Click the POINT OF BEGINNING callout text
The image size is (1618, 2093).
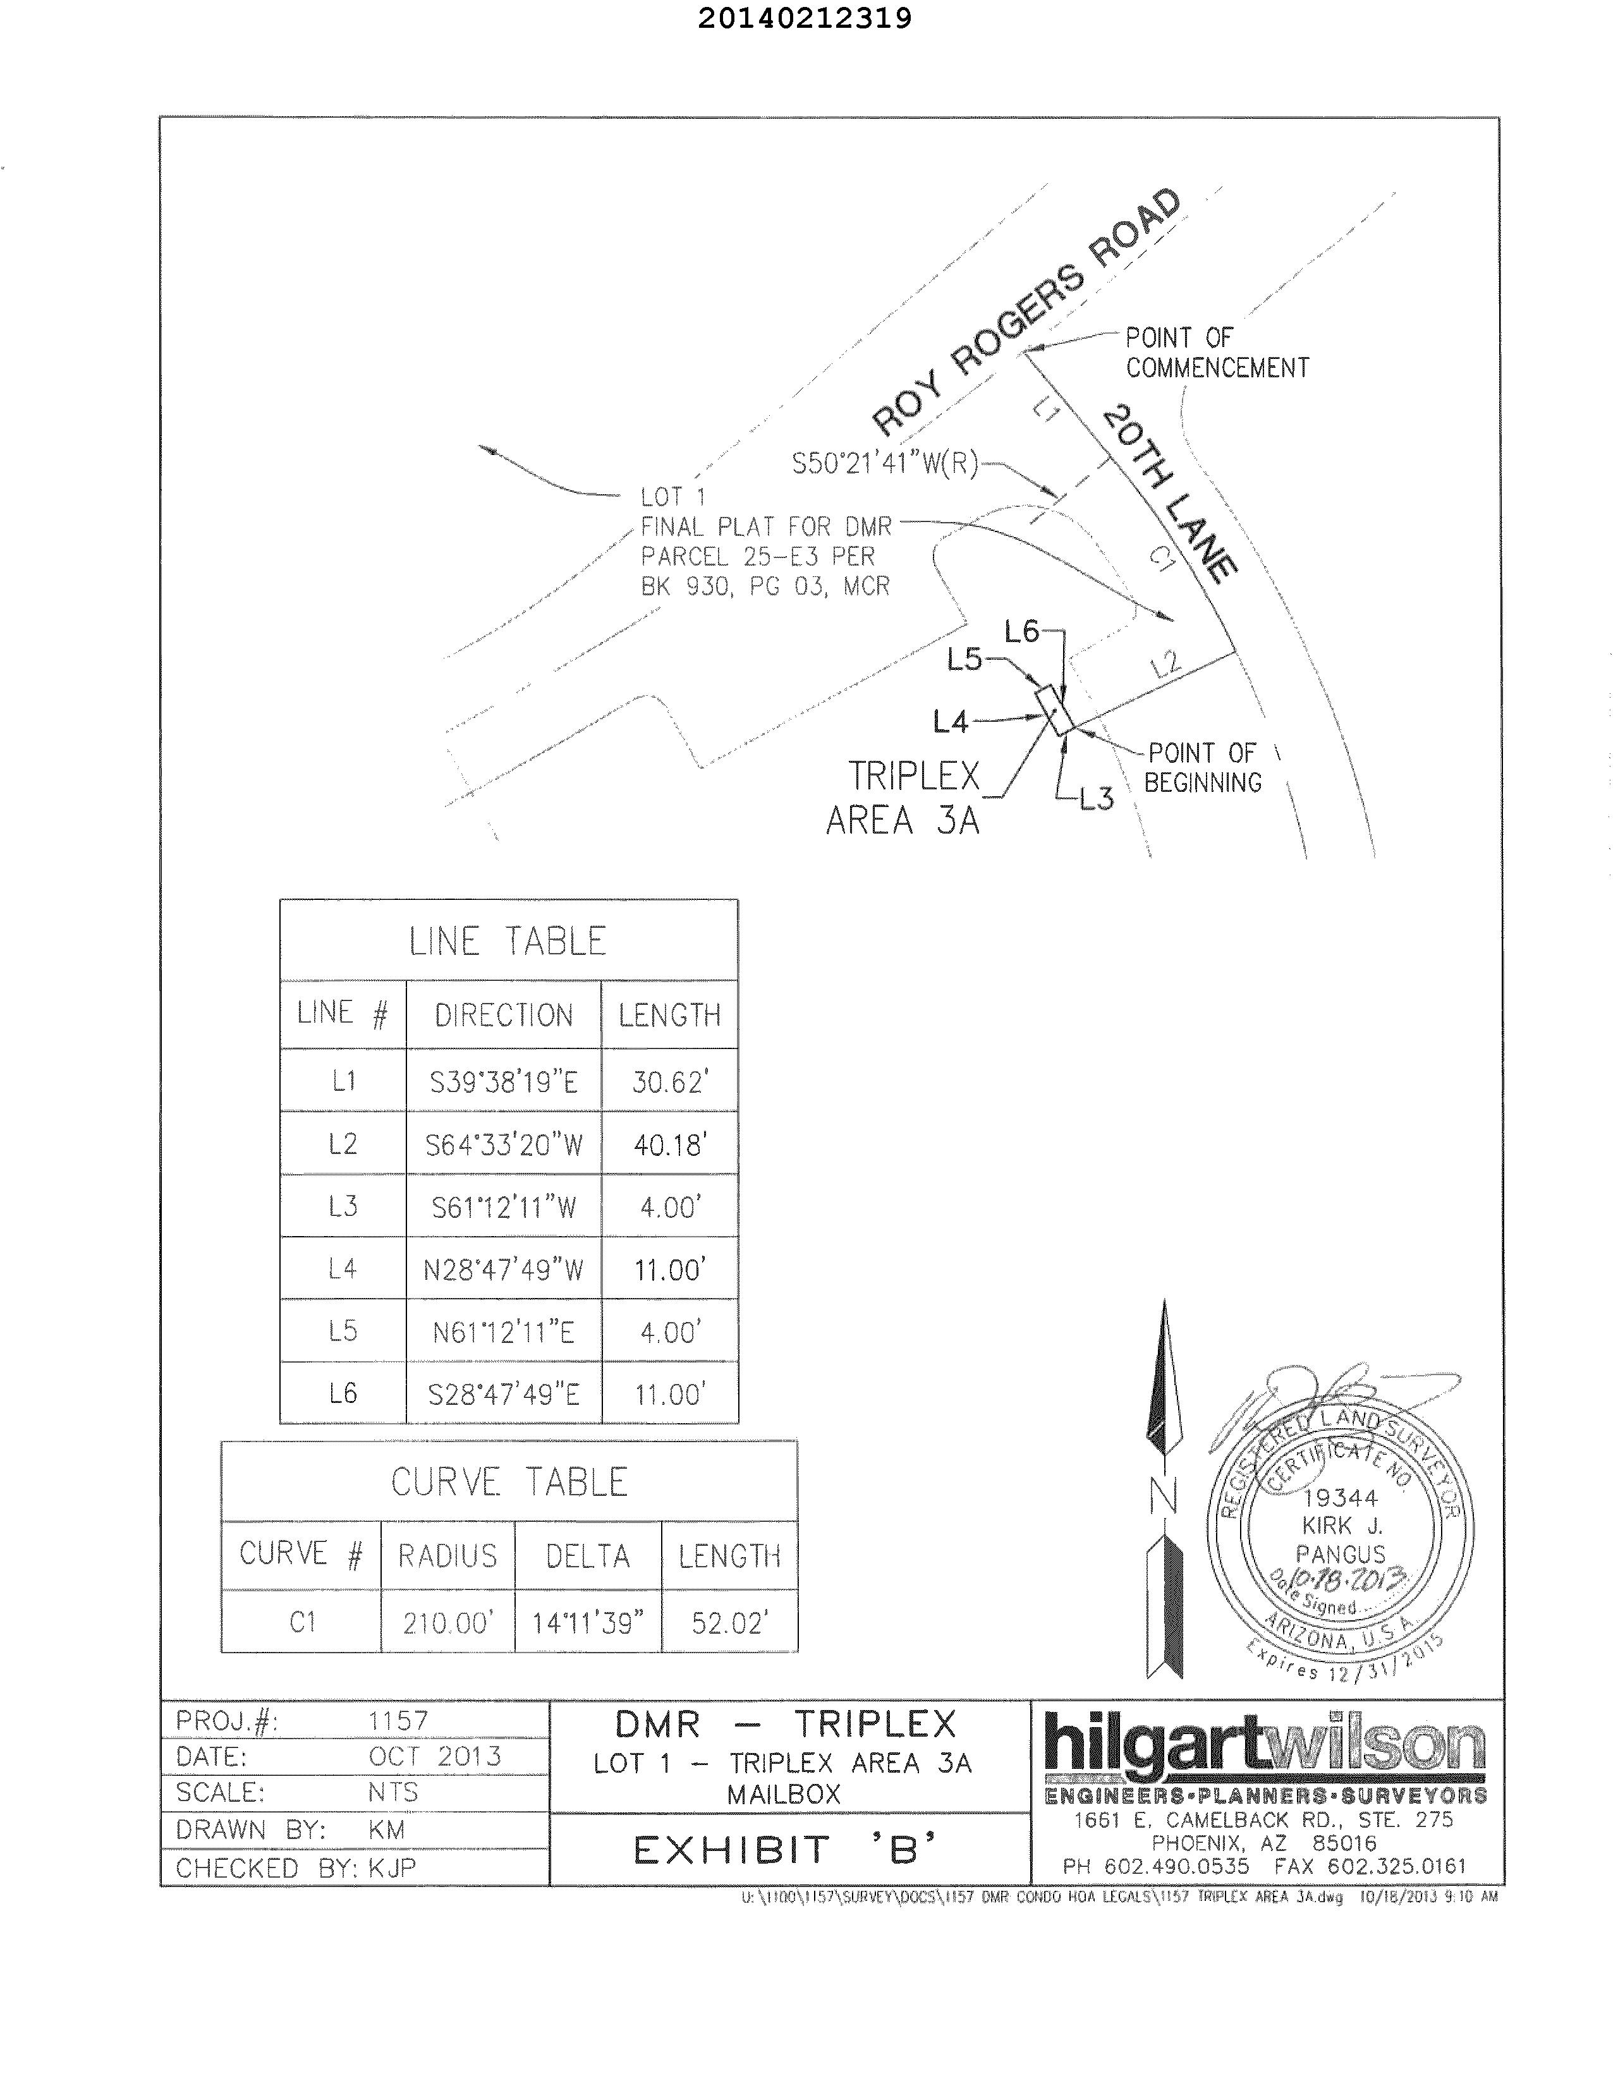1202,768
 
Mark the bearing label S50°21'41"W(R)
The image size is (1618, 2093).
884,464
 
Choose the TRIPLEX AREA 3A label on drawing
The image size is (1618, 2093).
903,798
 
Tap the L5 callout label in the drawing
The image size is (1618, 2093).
964,659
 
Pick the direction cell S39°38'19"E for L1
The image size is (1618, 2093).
503,1082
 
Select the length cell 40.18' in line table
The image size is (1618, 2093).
670,1144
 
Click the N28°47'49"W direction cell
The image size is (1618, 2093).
503,1270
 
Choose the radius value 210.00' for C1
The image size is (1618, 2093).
447,1622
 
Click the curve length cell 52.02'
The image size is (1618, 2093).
729,1622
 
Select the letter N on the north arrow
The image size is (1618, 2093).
1164,1496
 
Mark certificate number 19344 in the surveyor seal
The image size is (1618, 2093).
1340,1498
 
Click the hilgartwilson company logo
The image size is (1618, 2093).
1265,1744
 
